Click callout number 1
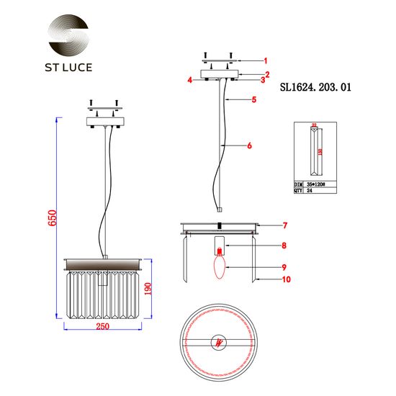tap(265, 60)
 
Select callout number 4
tap(190, 81)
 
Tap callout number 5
tap(254, 100)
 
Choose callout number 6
tap(249, 145)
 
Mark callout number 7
tap(265, 225)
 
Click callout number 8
tap(264, 246)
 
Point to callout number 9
tap(264, 267)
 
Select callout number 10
tap(266, 279)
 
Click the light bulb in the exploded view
tap(219, 267)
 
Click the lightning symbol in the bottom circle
tap(219, 343)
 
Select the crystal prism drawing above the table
tap(314, 151)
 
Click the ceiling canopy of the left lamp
tap(107, 120)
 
